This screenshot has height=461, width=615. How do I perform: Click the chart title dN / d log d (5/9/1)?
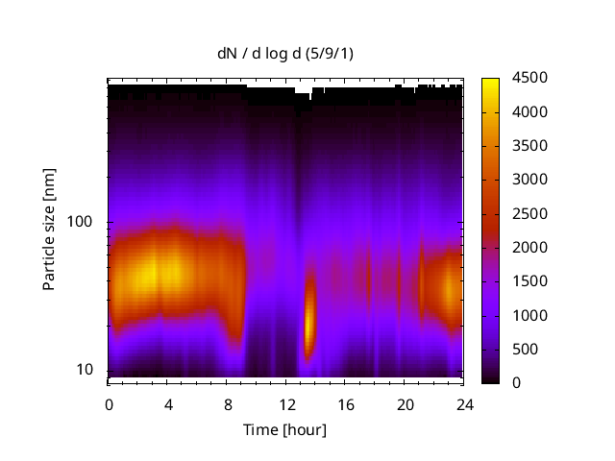[x=284, y=53]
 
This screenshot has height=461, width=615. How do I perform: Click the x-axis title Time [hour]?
[x=284, y=429]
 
